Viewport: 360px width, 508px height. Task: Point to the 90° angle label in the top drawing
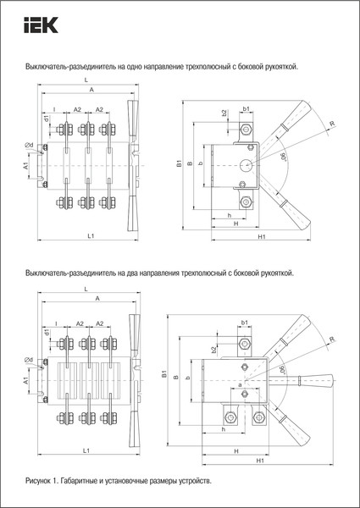tap(282, 156)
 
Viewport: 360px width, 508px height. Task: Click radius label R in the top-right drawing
tap(332, 124)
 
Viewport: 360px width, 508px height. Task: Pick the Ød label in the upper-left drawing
tap(30, 146)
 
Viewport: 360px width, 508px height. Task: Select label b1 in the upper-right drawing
tap(246, 109)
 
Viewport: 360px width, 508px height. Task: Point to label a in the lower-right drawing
tap(240, 385)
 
